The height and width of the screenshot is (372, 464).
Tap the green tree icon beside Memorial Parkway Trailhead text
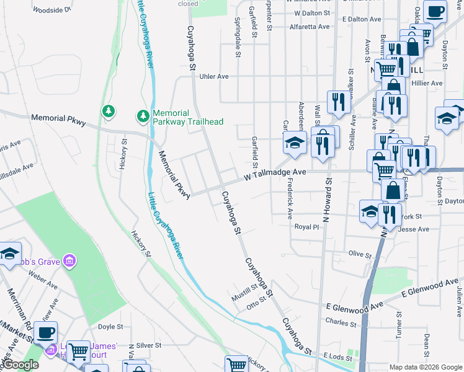tap(143, 116)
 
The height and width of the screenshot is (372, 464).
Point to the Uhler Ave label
tap(214, 76)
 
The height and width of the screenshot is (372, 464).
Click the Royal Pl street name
tap(306, 228)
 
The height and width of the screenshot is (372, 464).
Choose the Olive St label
tap(359, 254)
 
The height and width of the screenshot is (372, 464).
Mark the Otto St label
tap(256, 302)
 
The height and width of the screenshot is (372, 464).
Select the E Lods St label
tap(337, 356)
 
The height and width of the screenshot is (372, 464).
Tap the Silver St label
tap(148, 345)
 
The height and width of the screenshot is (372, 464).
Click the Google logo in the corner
tap(20, 365)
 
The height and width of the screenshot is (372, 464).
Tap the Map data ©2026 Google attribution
tap(425, 367)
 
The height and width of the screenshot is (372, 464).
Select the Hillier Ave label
tap(427, 82)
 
